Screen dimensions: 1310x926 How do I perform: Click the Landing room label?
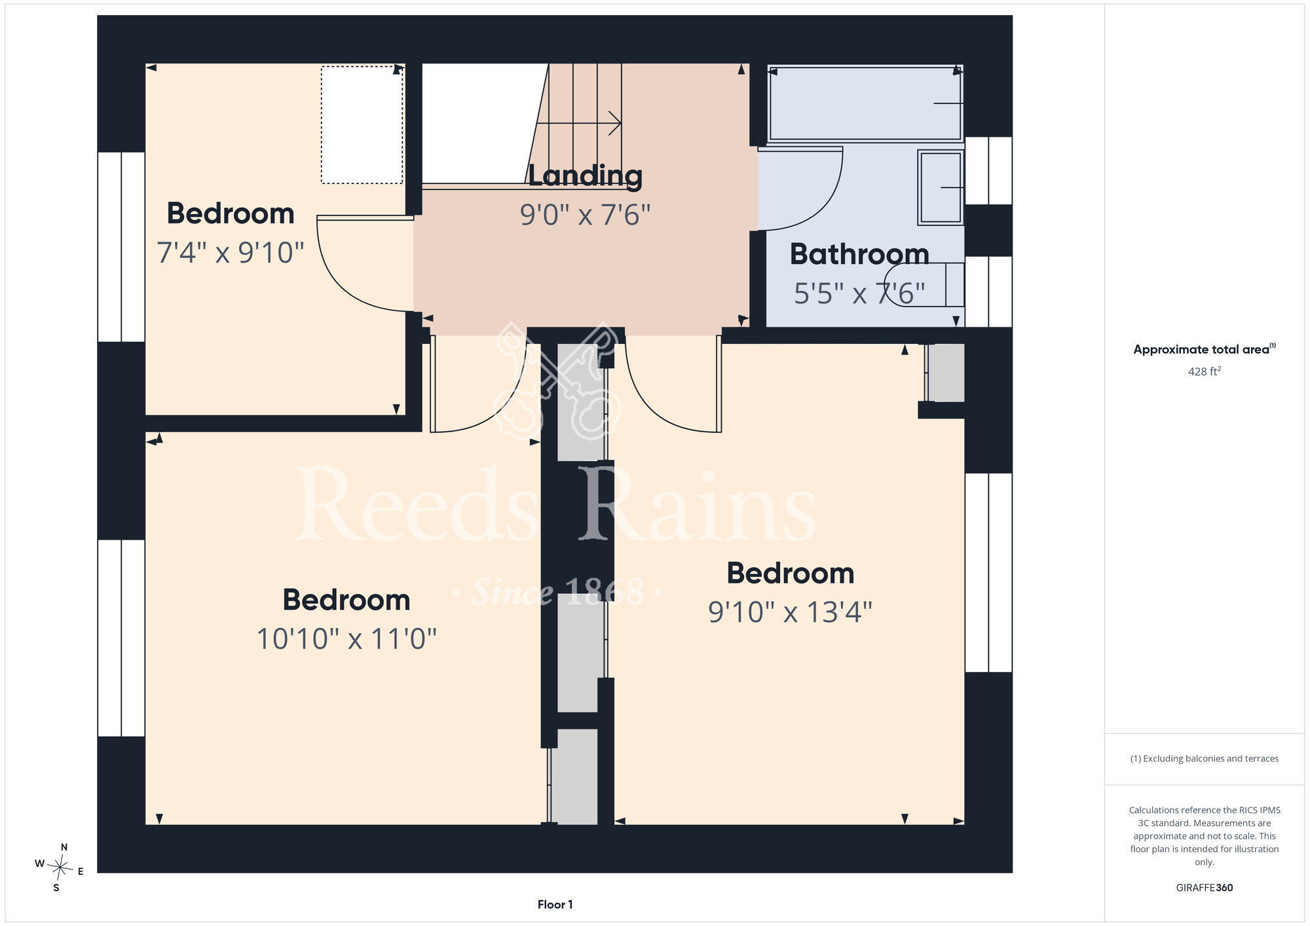[x=585, y=176]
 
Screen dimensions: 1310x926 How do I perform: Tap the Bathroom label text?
[x=859, y=254]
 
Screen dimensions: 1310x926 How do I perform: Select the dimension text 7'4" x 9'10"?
[x=231, y=253]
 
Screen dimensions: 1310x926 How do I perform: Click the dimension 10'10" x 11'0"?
[x=346, y=639]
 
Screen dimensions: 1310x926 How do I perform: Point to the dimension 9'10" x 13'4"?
[x=791, y=612]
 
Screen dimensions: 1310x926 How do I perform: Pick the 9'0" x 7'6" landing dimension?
[x=585, y=215]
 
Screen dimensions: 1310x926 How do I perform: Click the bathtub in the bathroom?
[x=865, y=103]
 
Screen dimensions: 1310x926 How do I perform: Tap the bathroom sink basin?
[x=941, y=187]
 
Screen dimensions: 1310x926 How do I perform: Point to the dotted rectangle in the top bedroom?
[x=362, y=124]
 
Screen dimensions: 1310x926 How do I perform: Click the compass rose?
[x=60, y=868]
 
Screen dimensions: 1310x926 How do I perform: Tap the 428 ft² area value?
[x=1205, y=371]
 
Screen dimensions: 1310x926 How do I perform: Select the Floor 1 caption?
[x=555, y=904]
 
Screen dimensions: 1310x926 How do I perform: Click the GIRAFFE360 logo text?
[x=1205, y=888]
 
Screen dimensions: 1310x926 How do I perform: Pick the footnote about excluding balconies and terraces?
[x=1205, y=758]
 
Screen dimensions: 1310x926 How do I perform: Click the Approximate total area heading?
[x=1205, y=349]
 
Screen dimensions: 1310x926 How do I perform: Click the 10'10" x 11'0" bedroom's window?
[x=121, y=638]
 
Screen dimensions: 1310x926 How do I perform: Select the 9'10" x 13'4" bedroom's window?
[x=988, y=572]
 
